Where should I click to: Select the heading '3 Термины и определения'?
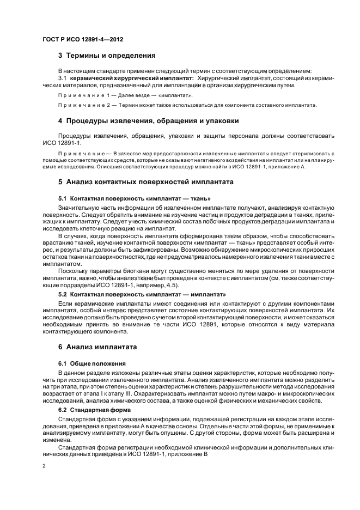click(x=107, y=55)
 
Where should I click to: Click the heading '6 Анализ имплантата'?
click(x=97, y=347)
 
